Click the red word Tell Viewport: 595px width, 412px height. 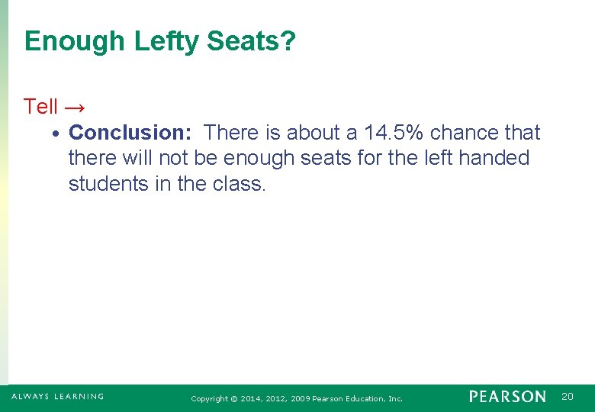click(40, 107)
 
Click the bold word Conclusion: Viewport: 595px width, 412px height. click(130, 133)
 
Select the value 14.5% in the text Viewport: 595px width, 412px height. click(394, 133)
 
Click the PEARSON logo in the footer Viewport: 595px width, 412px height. click(507, 397)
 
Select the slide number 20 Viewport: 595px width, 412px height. click(567, 397)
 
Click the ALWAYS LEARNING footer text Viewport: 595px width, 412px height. click(58, 397)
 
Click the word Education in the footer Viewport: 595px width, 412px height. click(363, 399)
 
